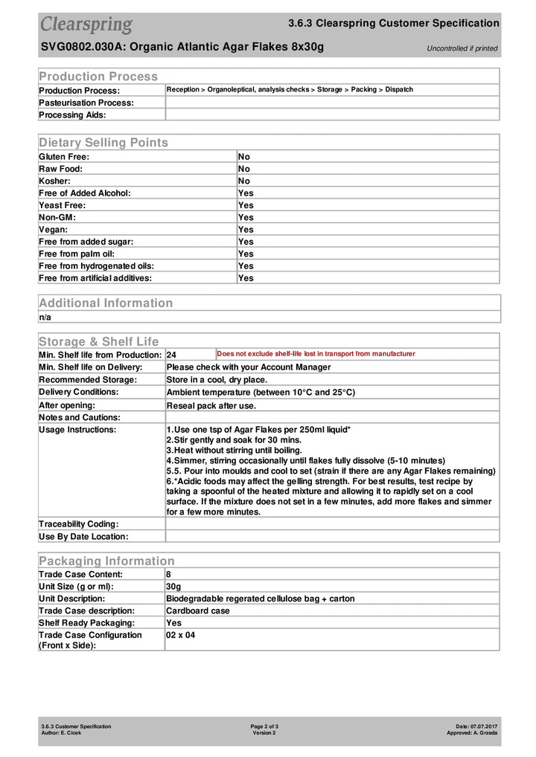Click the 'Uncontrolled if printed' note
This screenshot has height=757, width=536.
tap(462, 48)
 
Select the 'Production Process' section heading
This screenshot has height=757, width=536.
tap(98, 76)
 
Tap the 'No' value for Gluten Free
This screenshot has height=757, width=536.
tap(244, 157)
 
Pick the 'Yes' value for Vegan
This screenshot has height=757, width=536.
tap(246, 230)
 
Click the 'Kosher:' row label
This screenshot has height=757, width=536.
tap(55, 181)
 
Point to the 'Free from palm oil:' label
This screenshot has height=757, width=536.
tap(81, 254)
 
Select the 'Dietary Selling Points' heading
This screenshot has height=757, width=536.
tap(103, 142)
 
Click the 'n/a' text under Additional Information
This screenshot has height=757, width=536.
tap(45, 317)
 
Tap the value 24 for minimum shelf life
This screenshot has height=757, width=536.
tap(171, 355)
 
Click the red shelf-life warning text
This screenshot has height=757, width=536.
tap(316, 354)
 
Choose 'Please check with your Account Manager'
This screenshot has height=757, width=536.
tap(249, 367)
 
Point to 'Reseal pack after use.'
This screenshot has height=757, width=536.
tap(211, 405)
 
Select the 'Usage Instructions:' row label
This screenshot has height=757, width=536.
tap(77, 430)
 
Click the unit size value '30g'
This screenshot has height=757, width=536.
tap(173, 586)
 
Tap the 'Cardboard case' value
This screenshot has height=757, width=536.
tap(198, 611)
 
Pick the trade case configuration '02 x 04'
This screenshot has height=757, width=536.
tap(181, 635)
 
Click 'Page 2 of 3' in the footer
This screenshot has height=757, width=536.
tap(264, 726)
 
